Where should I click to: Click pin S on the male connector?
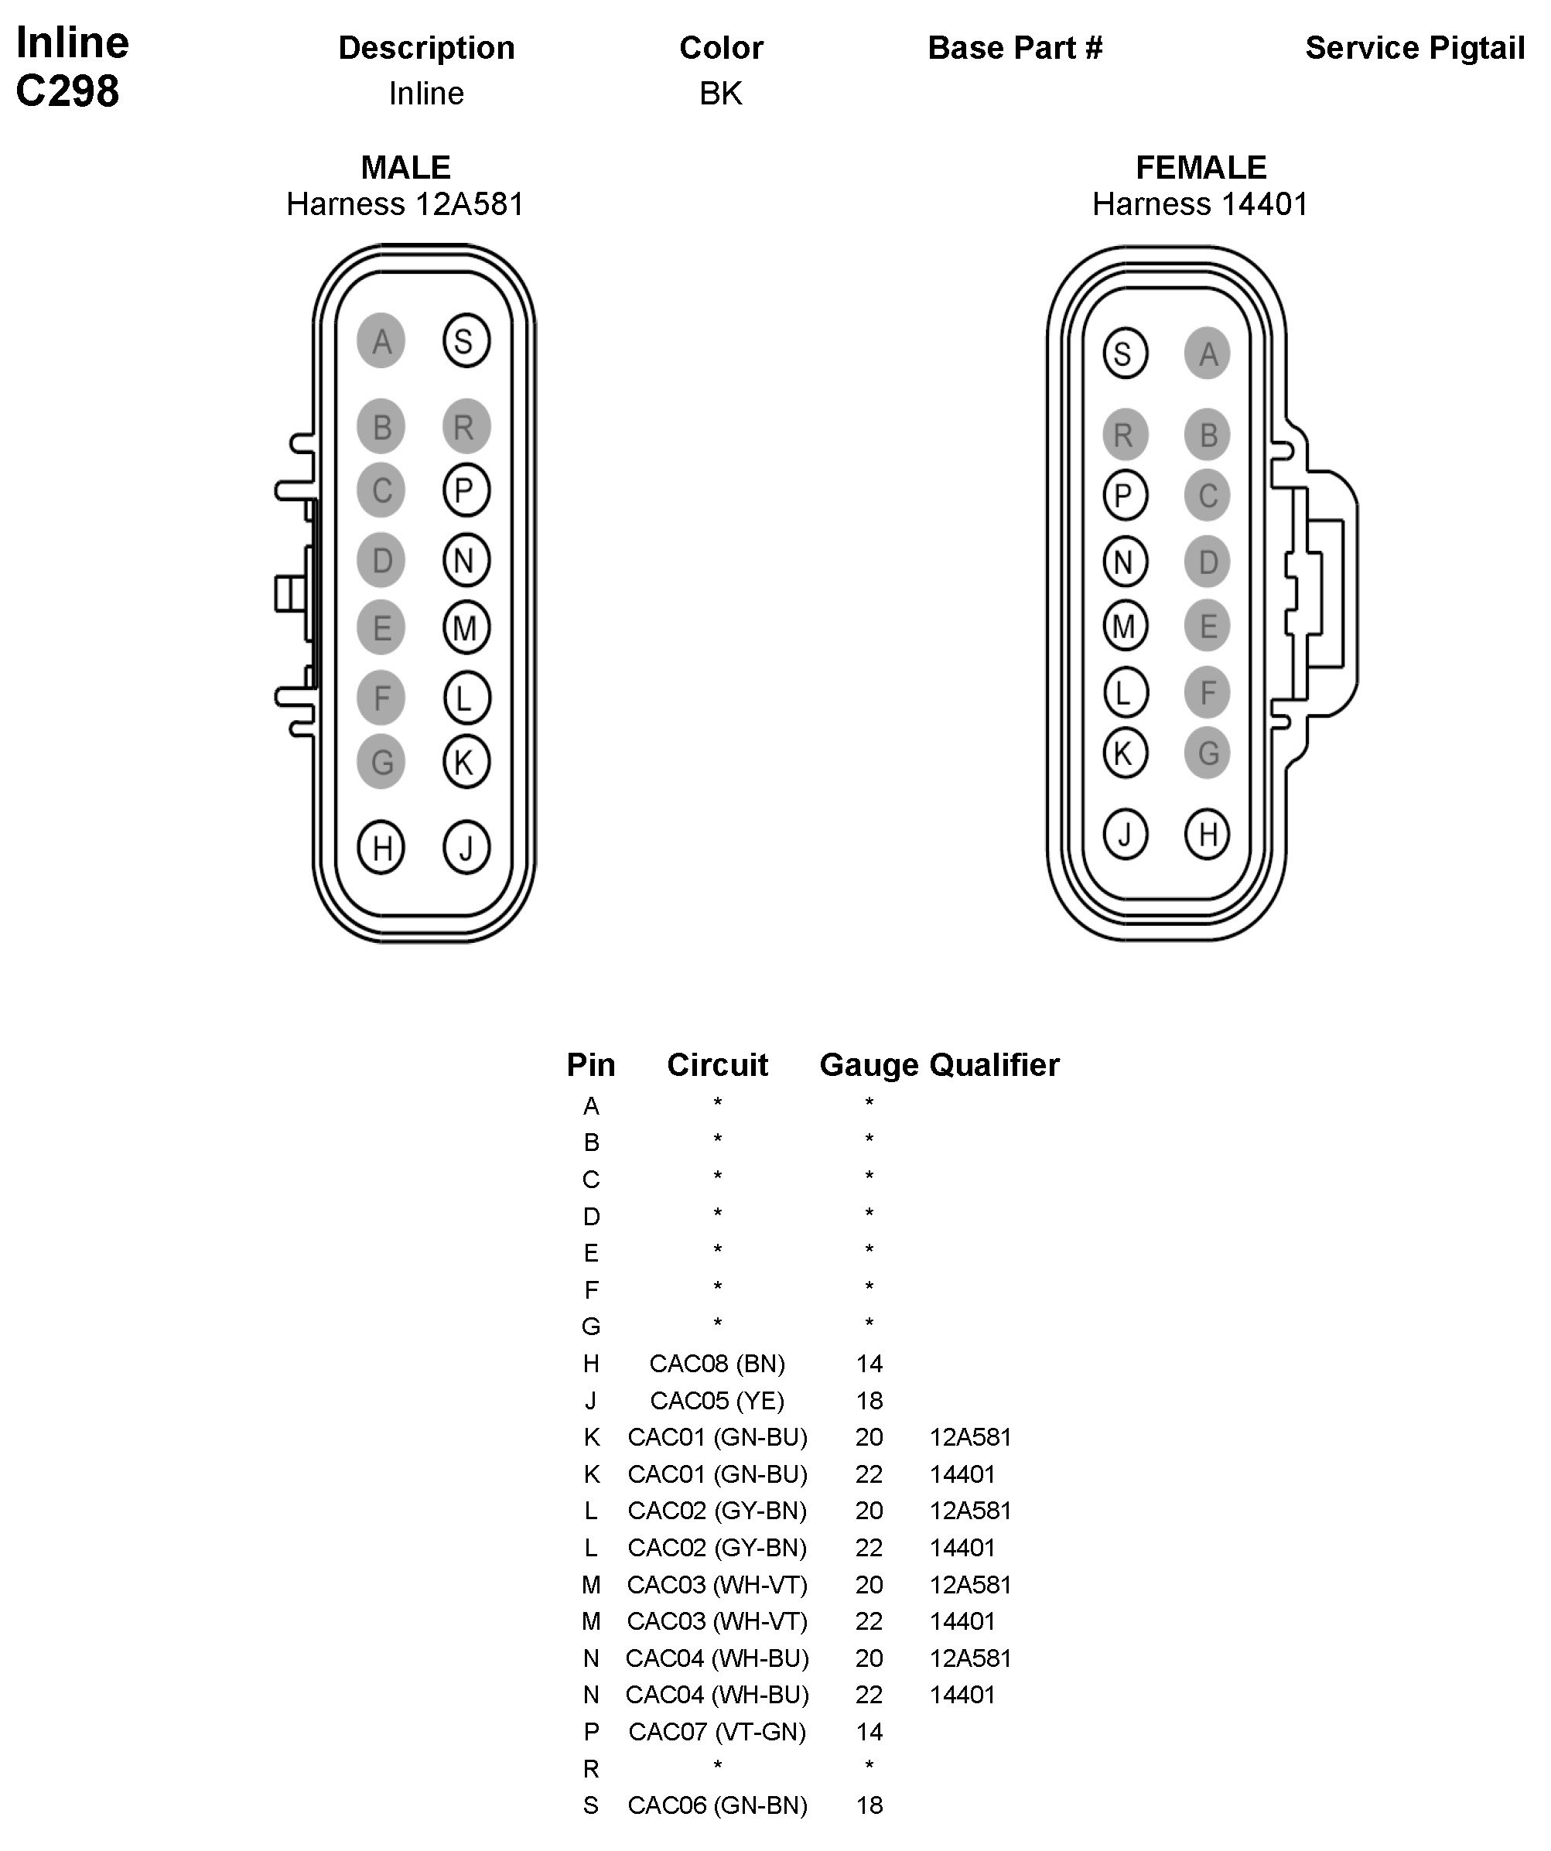click(466, 340)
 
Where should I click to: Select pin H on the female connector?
click(1208, 834)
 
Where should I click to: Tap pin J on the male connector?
click(466, 848)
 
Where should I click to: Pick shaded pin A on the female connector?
click(1208, 353)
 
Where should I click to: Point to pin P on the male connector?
click(466, 490)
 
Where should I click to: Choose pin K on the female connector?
click(1125, 753)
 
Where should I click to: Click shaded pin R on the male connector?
click(466, 427)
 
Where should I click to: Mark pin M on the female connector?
click(1125, 626)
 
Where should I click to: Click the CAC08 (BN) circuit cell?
click(717, 1364)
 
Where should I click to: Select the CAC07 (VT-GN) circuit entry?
click(717, 1732)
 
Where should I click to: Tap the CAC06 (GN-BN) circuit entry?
click(717, 1805)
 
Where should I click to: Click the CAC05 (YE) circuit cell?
click(717, 1401)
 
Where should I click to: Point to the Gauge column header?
click(869, 1065)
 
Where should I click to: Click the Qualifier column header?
click(995, 1065)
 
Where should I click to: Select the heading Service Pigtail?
click(1414, 49)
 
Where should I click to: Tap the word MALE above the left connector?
click(405, 168)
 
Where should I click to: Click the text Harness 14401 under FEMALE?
click(1201, 204)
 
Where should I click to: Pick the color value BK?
click(721, 94)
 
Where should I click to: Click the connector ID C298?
click(68, 91)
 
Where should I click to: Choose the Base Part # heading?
click(1015, 49)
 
